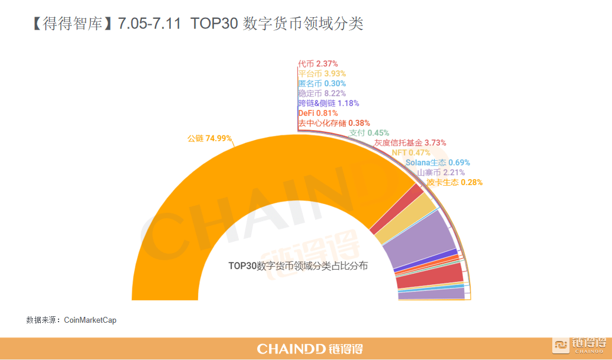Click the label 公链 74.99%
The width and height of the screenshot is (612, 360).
pos(209,139)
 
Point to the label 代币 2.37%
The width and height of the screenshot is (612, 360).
pos(318,64)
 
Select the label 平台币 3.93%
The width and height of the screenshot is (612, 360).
pos(322,74)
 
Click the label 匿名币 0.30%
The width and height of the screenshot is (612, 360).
pos(322,84)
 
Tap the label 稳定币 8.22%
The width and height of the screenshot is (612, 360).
pos(322,93)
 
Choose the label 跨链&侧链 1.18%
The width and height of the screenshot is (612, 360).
pos(328,103)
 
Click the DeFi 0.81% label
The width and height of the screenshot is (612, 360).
pos(318,113)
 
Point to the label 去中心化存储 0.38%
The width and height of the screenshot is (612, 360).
pos(333,123)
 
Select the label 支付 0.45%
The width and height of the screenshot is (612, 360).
pos(369,133)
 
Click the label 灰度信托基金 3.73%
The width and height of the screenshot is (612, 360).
pos(410,143)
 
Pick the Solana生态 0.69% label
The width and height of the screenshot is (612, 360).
pos(438,163)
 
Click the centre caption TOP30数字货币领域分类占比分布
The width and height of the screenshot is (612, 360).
pos(298,266)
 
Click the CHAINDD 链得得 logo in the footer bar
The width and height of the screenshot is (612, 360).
pos(310,349)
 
